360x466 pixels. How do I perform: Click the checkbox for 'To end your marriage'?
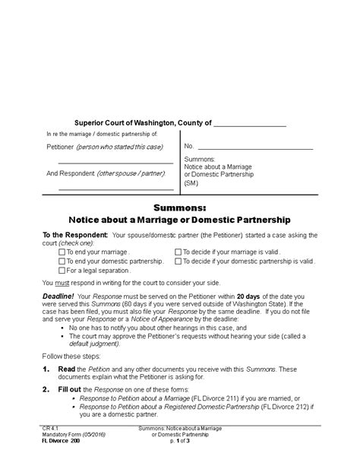[62, 252]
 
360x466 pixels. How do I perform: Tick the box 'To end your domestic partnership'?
[62, 261]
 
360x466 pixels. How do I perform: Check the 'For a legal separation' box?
[62, 270]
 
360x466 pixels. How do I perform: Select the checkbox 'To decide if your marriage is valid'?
[178, 252]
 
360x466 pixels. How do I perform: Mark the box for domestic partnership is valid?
[178, 261]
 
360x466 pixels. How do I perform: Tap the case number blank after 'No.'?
[251, 146]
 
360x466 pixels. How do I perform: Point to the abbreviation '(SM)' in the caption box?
[191, 183]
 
